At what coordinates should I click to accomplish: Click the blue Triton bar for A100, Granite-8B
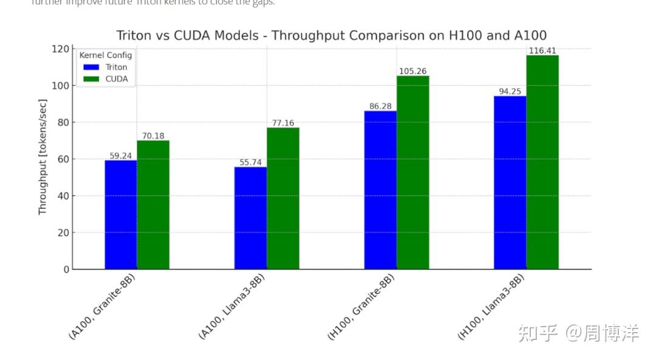click(121, 214)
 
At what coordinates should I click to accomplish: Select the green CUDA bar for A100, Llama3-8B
click(283, 198)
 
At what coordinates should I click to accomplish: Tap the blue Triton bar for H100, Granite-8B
click(380, 189)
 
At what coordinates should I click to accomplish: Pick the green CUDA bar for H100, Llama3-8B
click(542, 162)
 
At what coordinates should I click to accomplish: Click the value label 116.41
click(542, 51)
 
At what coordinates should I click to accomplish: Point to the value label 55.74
click(250, 163)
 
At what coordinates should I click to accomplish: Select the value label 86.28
click(380, 106)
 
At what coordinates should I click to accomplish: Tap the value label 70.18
click(153, 136)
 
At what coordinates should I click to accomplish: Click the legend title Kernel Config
click(106, 55)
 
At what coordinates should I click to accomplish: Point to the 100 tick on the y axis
click(61, 86)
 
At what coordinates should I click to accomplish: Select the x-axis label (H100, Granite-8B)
click(361, 307)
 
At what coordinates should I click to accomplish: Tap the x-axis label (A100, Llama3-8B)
click(232, 307)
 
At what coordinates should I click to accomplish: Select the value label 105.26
click(413, 72)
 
